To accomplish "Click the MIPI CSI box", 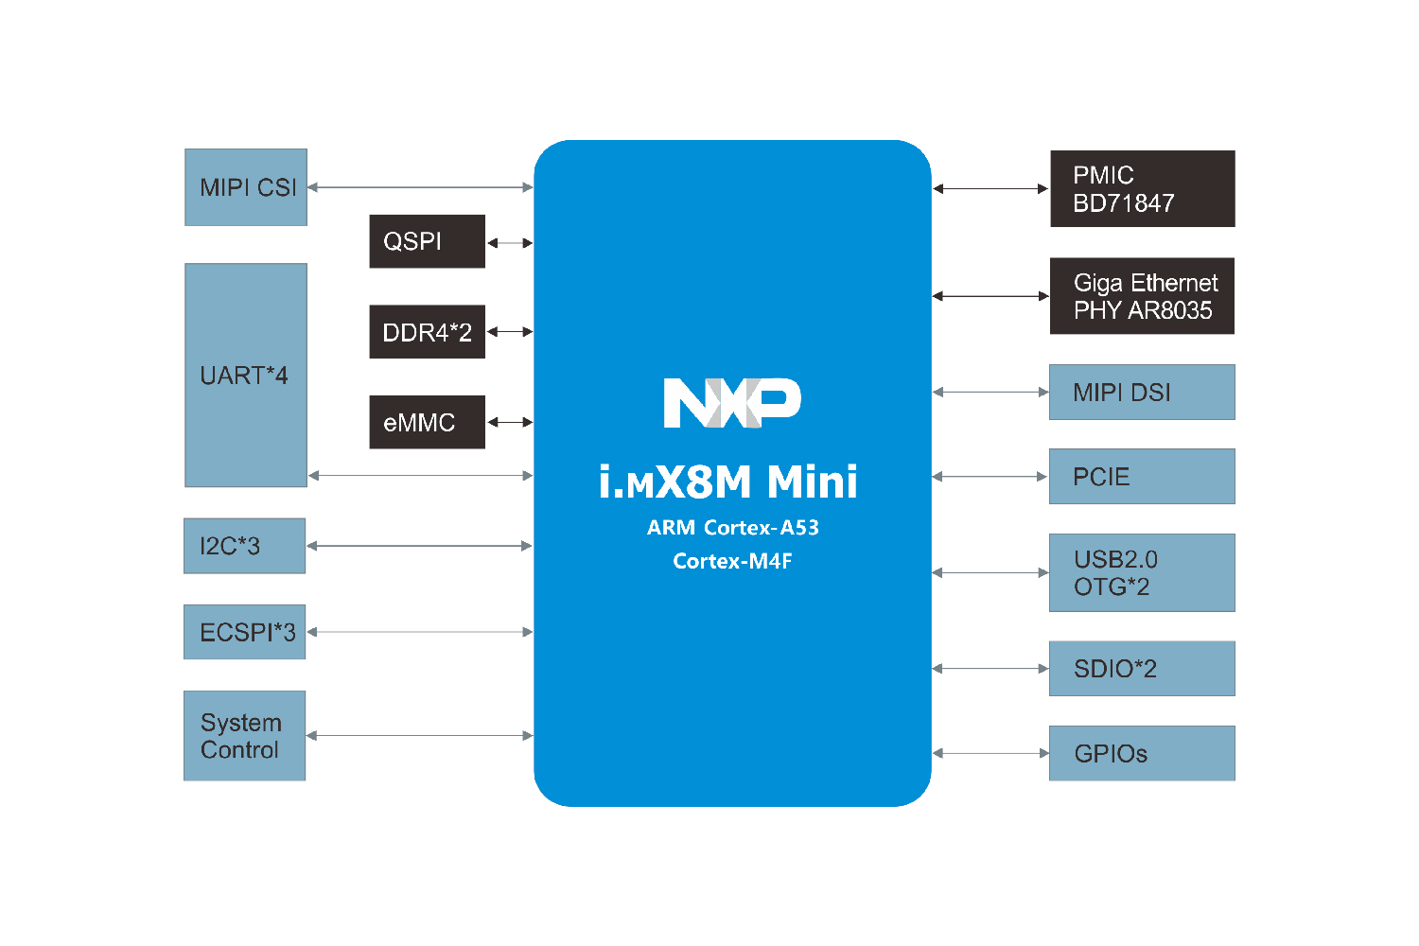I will click(x=246, y=187).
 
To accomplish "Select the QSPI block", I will click(x=427, y=241).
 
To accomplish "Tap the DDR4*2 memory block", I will click(x=427, y=332).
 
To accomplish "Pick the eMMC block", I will click(x=427, y=422).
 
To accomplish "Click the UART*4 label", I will click(x=244, y=376).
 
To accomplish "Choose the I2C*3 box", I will click(x=244, y=546).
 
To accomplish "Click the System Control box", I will click(x=244, y=736).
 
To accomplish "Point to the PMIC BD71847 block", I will click(x=1142, y=189).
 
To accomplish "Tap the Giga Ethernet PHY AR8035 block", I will click(x=1142, y=296).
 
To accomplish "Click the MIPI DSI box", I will click(x=1142, y=392).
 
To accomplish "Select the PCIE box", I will click(x=1142, y=477).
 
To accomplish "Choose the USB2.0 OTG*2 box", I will click(x=1142, y=572).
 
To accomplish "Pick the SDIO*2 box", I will click(x=1142, y=669).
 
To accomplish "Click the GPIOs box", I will click(x=1142, y=753).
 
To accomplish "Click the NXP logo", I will click(x=732, y=403).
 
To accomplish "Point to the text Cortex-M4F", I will click(x=732, y=561).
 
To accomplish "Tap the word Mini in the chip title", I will click(x=812, y=482).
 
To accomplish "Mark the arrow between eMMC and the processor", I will click(x=510, y=422).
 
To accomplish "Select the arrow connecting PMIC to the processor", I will click(x=990, y=189).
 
